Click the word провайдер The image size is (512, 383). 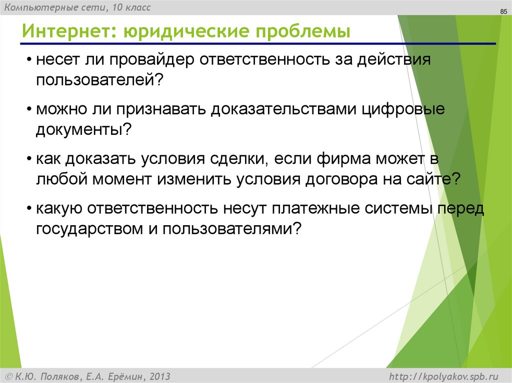point(152,61)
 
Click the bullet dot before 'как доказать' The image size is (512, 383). point(30,159)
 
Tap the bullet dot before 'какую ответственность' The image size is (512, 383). point(30,208)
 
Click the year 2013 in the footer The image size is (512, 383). point(159,376)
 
